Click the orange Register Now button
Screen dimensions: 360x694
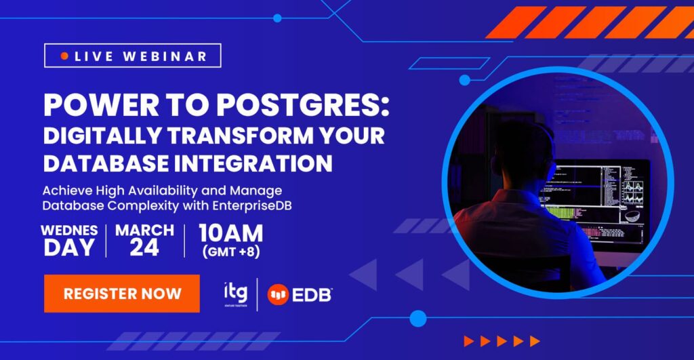[122, 294]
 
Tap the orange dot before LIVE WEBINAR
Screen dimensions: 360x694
[64, 56]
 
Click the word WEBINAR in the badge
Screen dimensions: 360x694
[165, 56]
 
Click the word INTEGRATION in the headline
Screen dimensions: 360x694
[258, 163]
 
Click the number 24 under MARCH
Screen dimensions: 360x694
[144, 248]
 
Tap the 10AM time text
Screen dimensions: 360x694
[230, 234]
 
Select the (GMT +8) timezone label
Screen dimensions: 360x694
[230, 252]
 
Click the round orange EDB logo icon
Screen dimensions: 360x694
[278, 294]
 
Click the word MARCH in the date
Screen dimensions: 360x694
[144, 230]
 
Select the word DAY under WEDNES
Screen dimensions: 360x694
[69, 248]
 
